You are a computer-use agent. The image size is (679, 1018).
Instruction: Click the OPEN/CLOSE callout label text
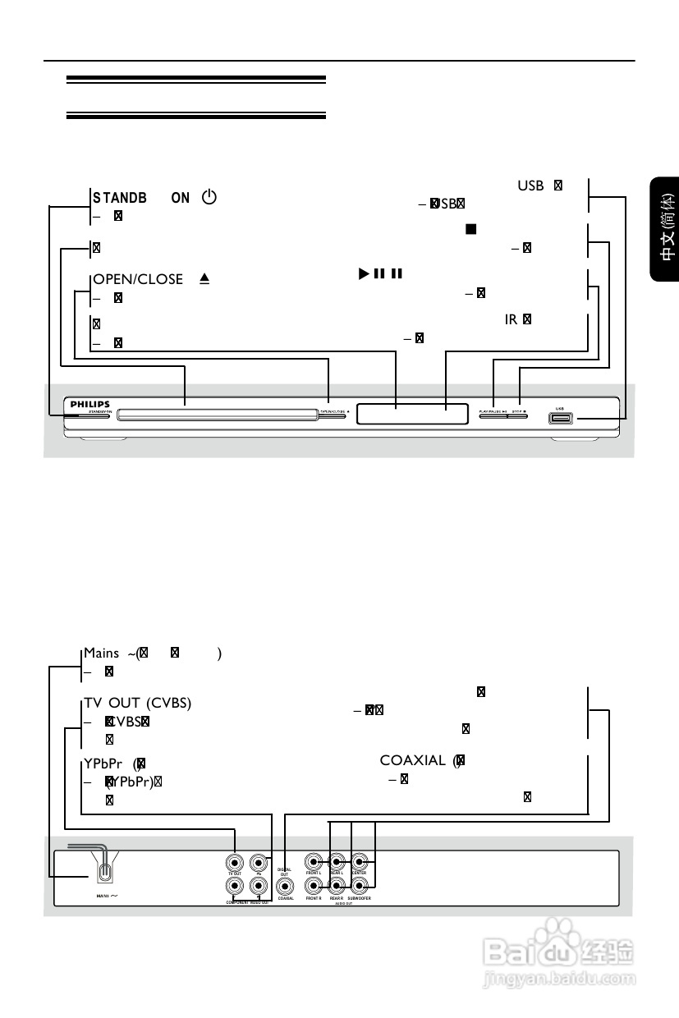[x=138, y=279]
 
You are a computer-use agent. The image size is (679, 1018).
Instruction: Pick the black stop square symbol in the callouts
[x=470, y=229]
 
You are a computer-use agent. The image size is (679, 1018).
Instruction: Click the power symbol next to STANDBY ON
[x=209, y=198]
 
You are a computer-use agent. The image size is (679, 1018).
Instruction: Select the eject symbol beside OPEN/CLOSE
[x=204, y=279]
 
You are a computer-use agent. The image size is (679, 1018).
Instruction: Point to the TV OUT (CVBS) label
[x=138, y=703]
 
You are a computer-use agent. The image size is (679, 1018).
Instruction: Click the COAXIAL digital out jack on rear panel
[x=286, y=886]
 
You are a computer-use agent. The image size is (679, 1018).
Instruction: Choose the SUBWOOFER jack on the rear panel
[x=360, y=886]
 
